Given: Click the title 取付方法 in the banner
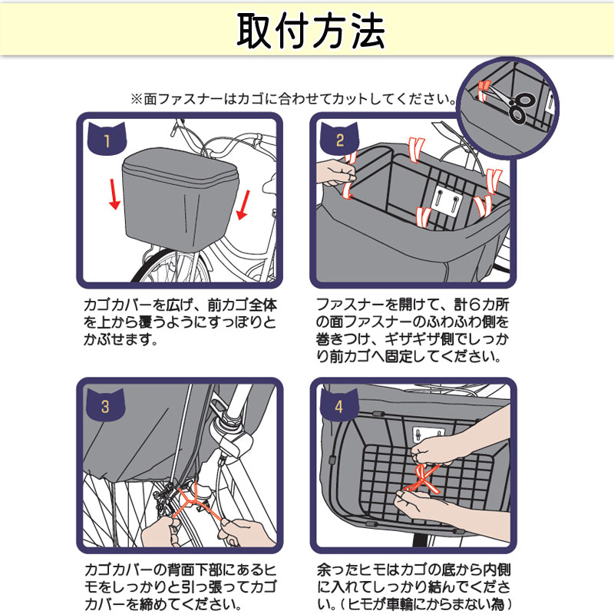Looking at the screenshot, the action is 311,31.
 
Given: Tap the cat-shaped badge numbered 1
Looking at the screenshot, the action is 107,138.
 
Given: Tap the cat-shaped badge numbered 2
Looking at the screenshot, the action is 339,138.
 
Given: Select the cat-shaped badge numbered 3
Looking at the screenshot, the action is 105,404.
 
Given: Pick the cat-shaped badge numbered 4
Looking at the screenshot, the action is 339,404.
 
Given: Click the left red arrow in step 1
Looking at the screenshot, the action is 114,194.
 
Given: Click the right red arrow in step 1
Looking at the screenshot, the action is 243,205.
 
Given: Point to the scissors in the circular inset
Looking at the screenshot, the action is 509,101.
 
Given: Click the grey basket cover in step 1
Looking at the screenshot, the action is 180,199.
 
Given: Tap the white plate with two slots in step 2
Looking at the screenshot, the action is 447,201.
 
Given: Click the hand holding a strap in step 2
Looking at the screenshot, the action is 335,173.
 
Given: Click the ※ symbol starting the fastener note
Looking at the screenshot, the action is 137,99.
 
